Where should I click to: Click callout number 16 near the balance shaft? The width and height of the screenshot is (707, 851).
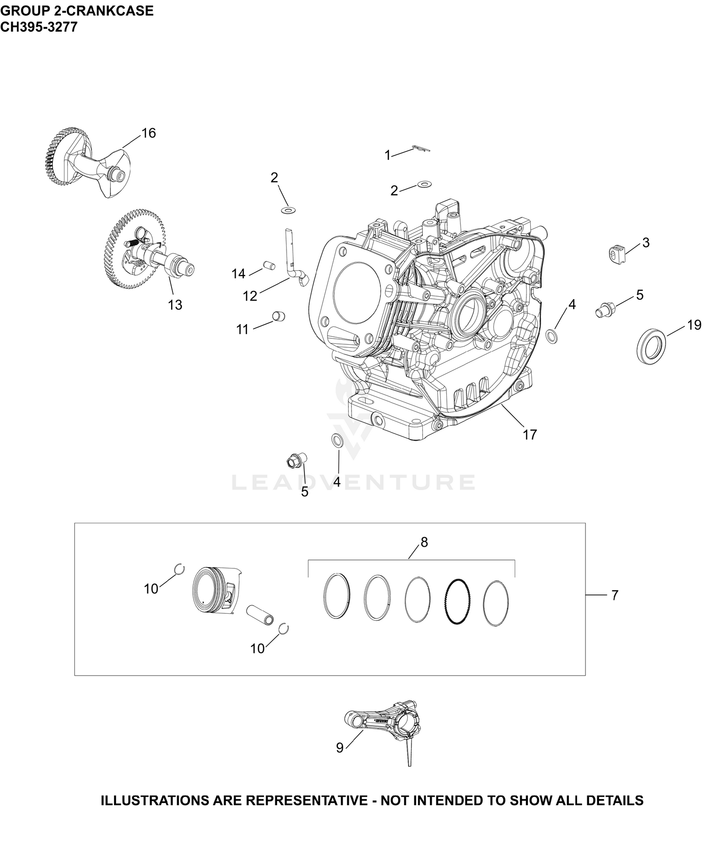point(148,133)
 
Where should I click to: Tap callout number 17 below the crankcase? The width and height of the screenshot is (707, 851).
point(530,434)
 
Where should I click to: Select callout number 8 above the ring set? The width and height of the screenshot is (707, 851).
point(424,542)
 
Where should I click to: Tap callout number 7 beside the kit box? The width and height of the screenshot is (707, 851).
point(614,595)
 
